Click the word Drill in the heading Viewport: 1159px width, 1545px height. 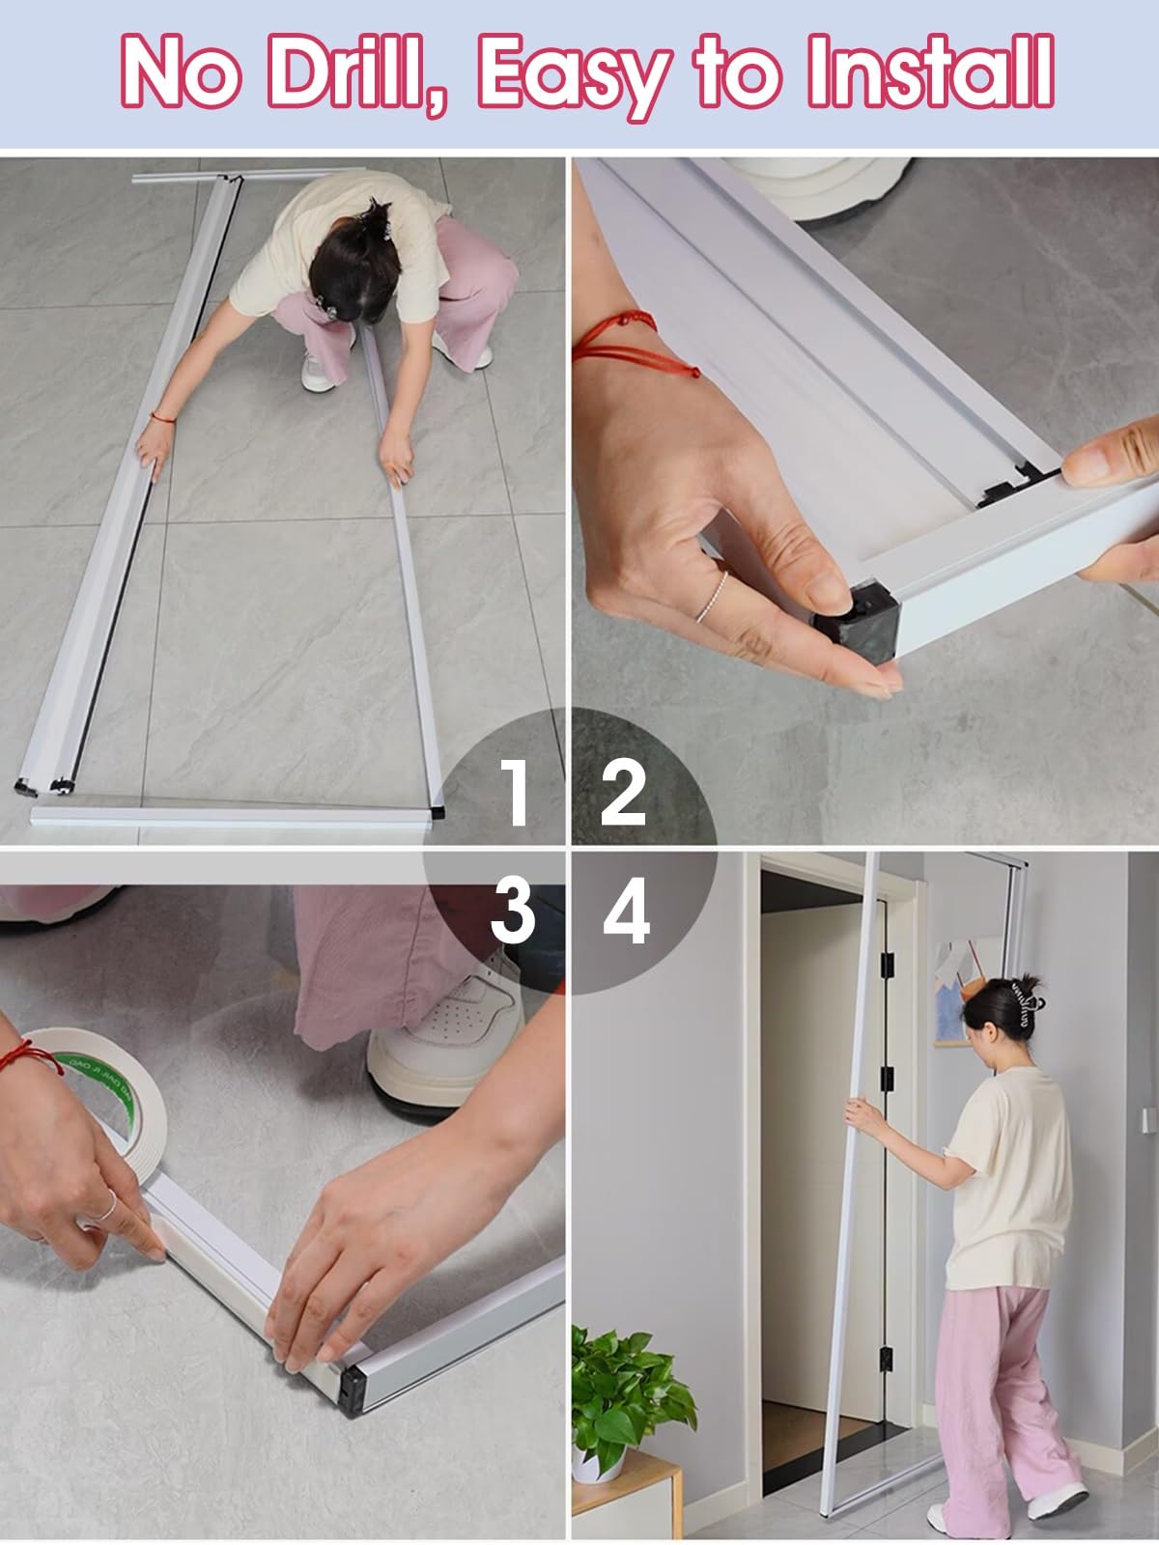pyautogui.click(x=358, y=71)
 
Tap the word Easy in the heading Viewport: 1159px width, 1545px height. pyautogui.click(x=575, y=76)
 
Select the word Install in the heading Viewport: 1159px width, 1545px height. pyautogui.click(x=931, y=70)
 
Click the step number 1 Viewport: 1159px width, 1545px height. pyautogui.click(x=517, y=791)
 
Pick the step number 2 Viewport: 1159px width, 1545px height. pyautogui.click(x=623, y=792)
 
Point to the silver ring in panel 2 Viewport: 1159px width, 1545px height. pyautogui.click(x=712, y=598)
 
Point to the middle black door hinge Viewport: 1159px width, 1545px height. pyautogui.click(x=887, y=1077)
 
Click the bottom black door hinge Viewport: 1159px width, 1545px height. pyautogui.click(x=886, y=1360)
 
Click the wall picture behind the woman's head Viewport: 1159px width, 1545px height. pyautogui.click(x=957, y=994)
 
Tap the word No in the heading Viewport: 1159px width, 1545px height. pyautogui.click(x=181, y=71)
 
